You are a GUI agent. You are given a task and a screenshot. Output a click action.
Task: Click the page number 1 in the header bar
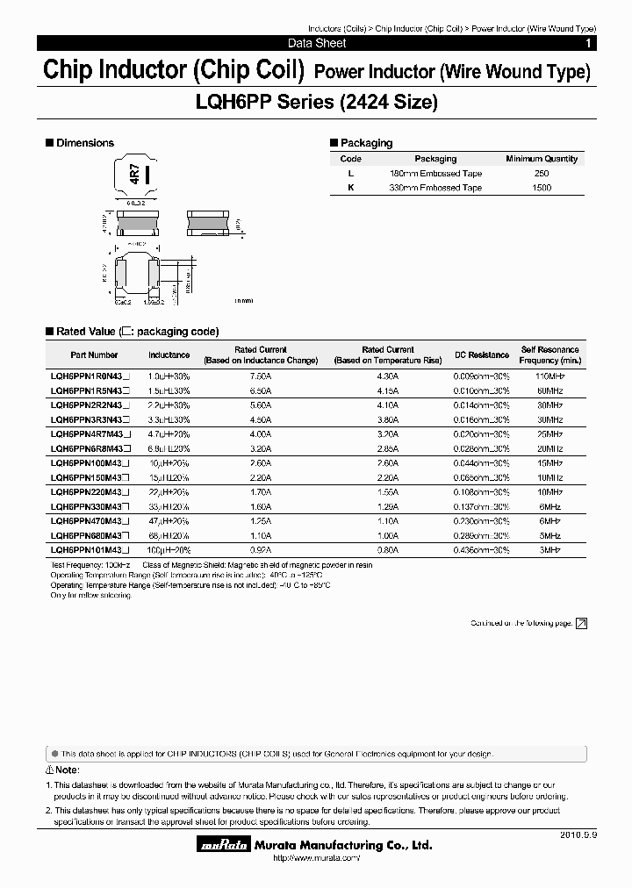(x=587, y=43)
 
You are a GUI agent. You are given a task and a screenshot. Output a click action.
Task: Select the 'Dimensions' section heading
(x=84, y=143)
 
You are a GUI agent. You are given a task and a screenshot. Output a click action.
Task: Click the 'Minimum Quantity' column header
(x=542, y=159)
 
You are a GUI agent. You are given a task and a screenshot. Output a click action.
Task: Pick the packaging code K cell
(x=351, y=188)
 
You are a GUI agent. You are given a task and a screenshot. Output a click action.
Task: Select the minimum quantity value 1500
(x=542, y=188)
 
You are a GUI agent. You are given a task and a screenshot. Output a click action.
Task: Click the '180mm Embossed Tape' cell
(x=435, y=174)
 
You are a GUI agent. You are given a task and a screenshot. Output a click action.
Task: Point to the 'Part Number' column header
(x=94, y=354)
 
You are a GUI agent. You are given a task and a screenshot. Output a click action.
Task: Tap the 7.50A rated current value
(x=260, y=375)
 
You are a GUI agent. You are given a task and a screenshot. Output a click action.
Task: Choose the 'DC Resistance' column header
(x=481, y=354)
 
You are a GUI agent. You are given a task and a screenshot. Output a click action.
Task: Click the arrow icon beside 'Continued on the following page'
(x=580, y=623)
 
